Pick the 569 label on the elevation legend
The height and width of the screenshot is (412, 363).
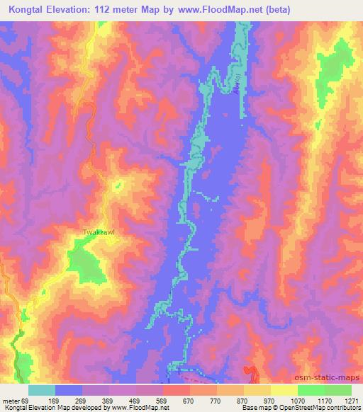coord(162,399)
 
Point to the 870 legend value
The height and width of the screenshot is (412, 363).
coord(242,399)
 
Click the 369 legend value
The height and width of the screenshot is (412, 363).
coord(108,399)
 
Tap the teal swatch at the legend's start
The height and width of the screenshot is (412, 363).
coord(42,390)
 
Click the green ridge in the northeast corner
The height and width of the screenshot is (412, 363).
coord(339,64)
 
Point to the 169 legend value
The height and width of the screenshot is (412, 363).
coord(55,399)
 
